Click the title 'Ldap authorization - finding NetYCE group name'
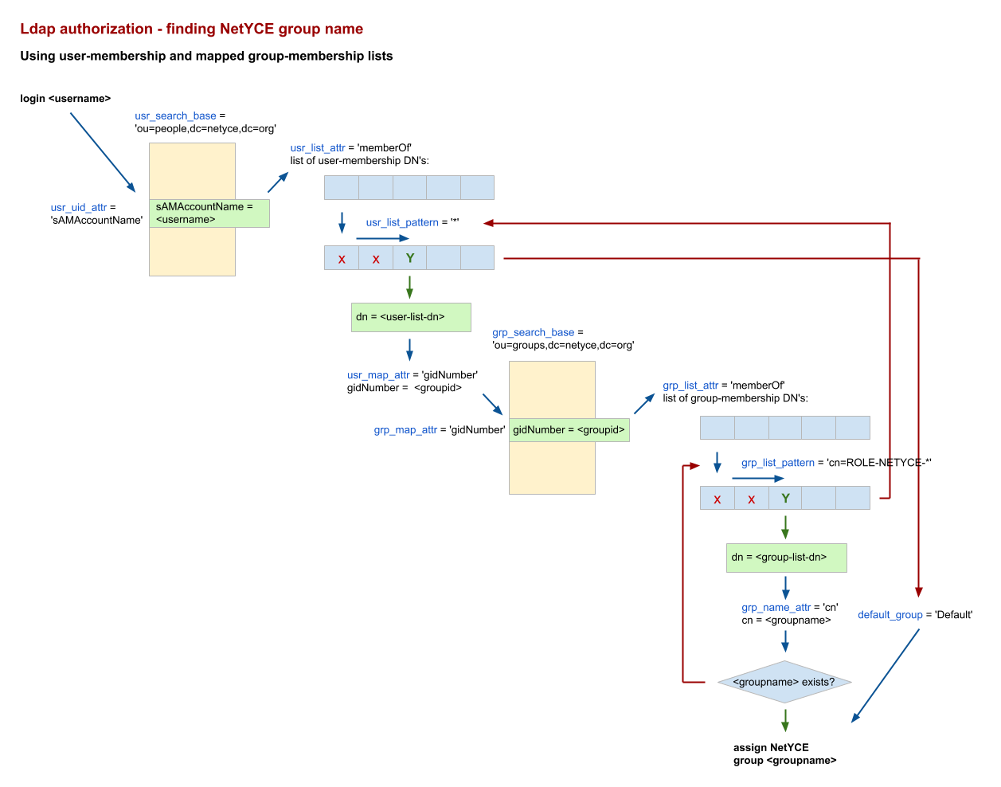click(x=191, y=29)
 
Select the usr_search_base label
click(x=175, y=116)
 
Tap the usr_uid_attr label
click(x=79, y=208)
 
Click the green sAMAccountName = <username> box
click(x=209, y=213)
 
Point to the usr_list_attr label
click(x=318, y=148)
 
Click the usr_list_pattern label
click(x=401, y=222)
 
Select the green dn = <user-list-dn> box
click(x=411, y=317)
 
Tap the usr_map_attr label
click(x=379, y=375)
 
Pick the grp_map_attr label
click(x=405, y=430)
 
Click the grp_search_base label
click(x=533, y=332)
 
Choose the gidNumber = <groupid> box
click(x=569, y=430)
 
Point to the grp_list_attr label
click(x=690, y=386)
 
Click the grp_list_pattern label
click(x=777, y=463)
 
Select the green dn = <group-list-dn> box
click(x=786, y=558)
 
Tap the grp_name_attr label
click(x=776, y=608)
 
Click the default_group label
click(x=890, y=615)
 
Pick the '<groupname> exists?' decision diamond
click(x=784, y=682)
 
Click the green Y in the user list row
click(x=410, y=258)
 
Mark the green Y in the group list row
click(x=786, y=499)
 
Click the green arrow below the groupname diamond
click(x=785, y=720)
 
